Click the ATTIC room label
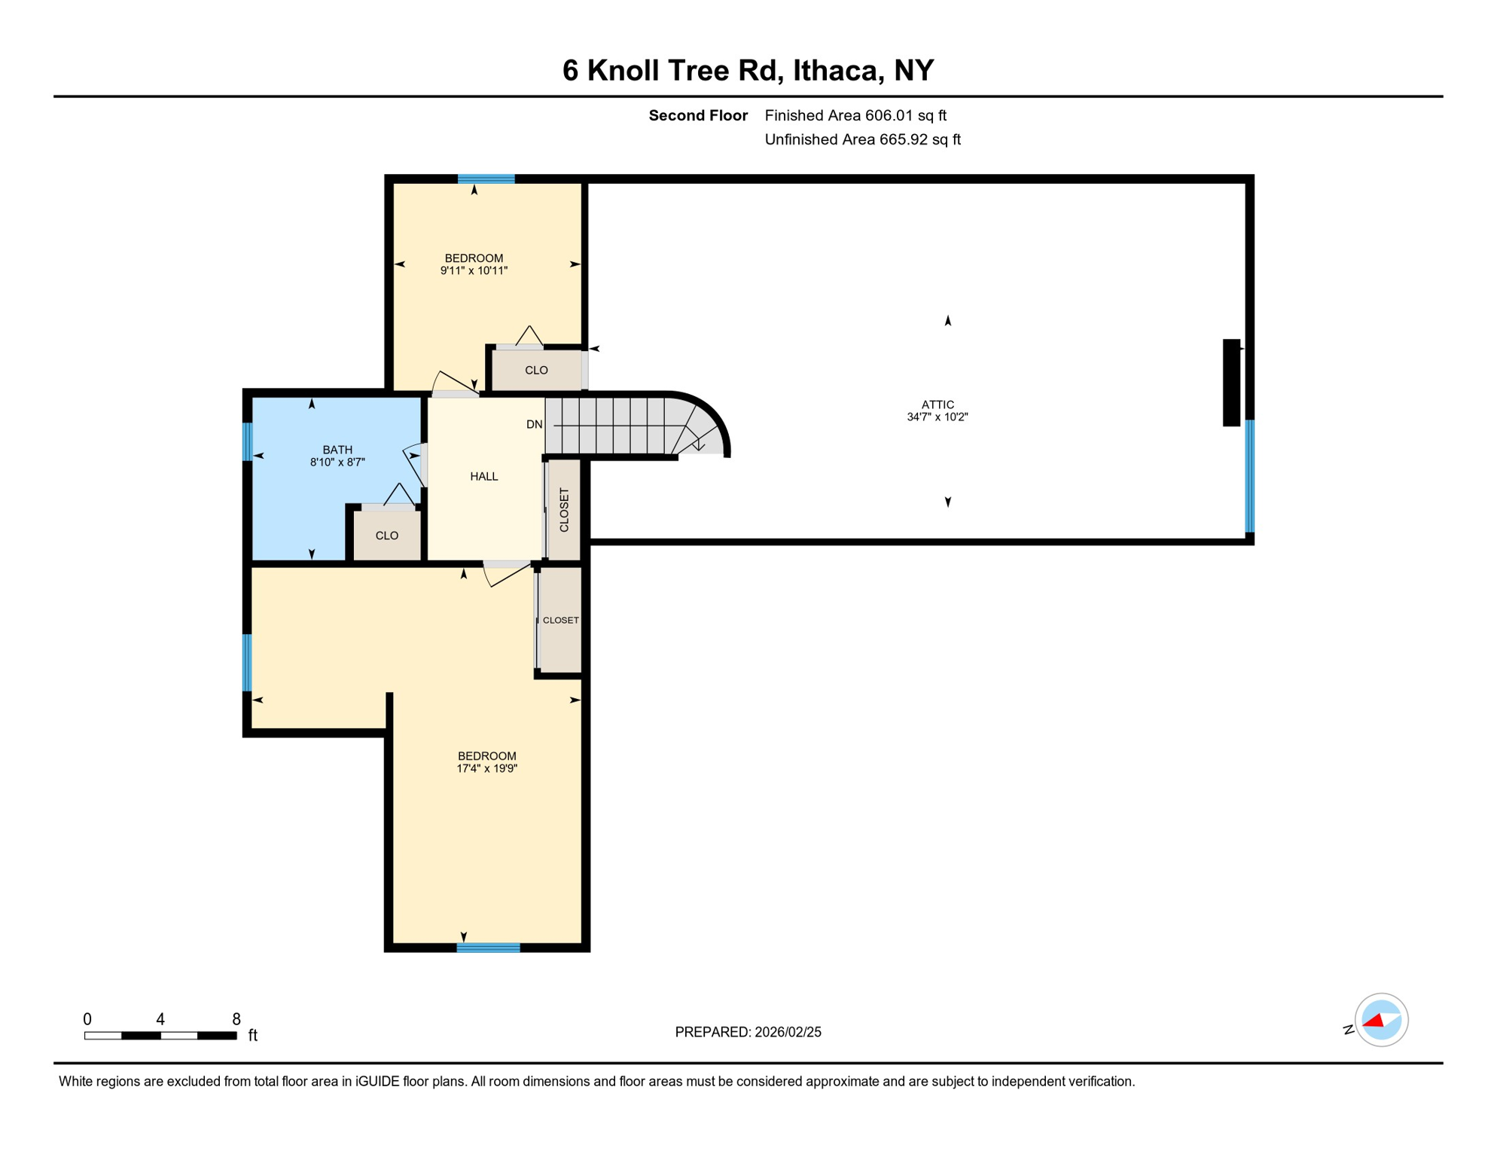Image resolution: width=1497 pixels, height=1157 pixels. pyautogui.click(x=938, y=404)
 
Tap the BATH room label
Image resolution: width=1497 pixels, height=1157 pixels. pyautogui.click(x=337, y=450)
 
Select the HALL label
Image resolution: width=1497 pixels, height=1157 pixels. pyautogui.click(x=484, y=476)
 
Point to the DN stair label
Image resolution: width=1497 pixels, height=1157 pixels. pyautogui.click(x=534, y=425)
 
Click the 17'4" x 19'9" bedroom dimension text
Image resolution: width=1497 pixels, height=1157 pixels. pyautogui.click(x=486, y=768)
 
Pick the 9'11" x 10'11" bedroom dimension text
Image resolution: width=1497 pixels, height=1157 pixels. pyautogui.click(x=474, y=270)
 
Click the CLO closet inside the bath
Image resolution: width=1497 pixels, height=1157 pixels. pyautogui.click(x=387, y=536)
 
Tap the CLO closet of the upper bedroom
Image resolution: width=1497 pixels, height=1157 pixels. pyautogui.click(x=536, y=370)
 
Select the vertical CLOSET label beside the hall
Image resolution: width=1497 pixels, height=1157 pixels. pyautogui.click(x=564, y=510)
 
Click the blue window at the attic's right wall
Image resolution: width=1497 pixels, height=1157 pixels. pyautogui.click(x=1249, y=476)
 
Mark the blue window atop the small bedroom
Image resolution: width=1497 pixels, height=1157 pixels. pyautogui.click(x=486, y=179)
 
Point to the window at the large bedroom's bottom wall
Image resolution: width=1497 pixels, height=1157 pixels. pyautogui.click(x=488, y=947)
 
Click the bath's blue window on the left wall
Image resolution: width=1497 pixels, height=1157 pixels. pyautogui.click(x=247, y=441)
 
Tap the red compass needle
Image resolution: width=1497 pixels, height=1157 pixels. pyautogui.click(x=1374, y=1021)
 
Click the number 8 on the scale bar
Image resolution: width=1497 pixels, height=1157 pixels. pyautogui.click(x=236, y=1019)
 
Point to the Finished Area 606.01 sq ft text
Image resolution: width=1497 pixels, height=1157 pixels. pyautogui.click(x=855, y=115)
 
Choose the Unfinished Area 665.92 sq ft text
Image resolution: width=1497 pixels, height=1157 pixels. pyautogui.click(x=862, y=139)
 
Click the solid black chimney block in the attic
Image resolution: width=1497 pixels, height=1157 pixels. pyautogui.click(x=1231, y=383)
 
